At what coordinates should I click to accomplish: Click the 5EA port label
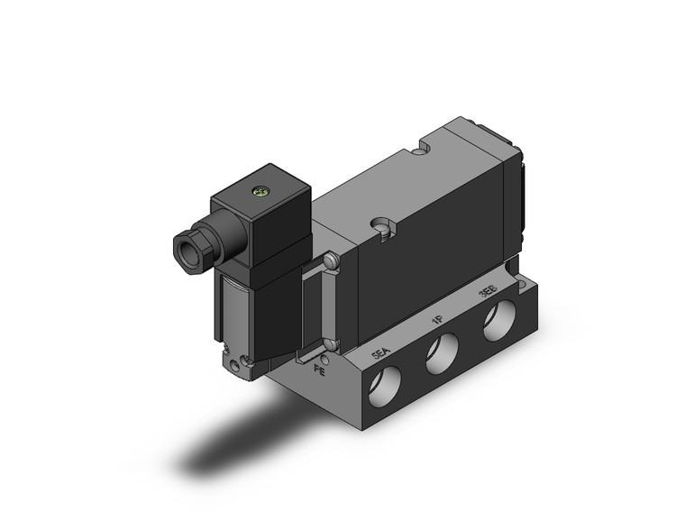(382, 353)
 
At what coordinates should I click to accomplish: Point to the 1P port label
(435, 321)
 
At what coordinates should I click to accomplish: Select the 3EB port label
(487, 294)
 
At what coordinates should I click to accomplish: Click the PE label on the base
(318, 367)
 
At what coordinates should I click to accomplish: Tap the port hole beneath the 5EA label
(388, 387)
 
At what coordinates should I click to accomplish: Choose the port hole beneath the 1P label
(443, 354)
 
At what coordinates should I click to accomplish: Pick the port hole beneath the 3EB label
(497, 324)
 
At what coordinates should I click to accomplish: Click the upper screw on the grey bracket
(333, 261)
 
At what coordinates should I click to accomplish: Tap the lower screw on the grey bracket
(333, 344)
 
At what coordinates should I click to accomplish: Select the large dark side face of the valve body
(433, 252)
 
